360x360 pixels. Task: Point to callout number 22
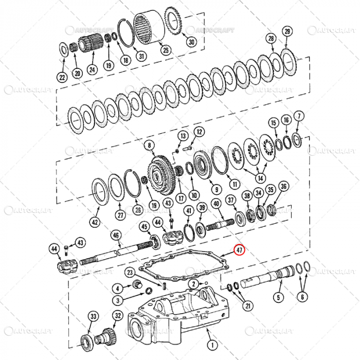point(62,78)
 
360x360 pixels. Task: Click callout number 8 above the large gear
point(150,146)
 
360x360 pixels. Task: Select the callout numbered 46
point(116,236)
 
